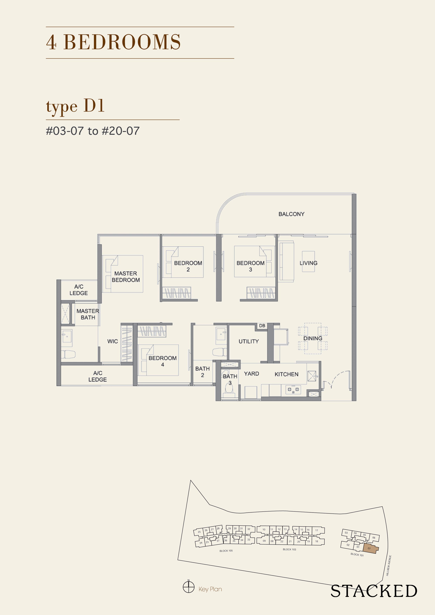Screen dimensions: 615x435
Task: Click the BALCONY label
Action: coord(291,214)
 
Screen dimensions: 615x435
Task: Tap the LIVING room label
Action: coord(309,263)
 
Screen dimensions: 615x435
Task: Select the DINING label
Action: coord(313,338)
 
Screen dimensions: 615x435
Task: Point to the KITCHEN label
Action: coord(286,374)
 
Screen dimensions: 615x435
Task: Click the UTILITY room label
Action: coord(248,341)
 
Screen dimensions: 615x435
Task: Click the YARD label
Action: coord(251,374)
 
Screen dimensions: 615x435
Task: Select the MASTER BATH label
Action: coord(88,314)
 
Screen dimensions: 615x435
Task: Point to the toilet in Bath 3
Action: coord(229,388)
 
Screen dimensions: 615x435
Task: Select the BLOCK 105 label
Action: coord(226,551)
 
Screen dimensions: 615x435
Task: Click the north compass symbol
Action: coord(188,587)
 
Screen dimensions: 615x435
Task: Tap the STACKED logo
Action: coord(374,591)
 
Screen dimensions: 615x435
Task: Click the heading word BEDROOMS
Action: coord(122,42)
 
